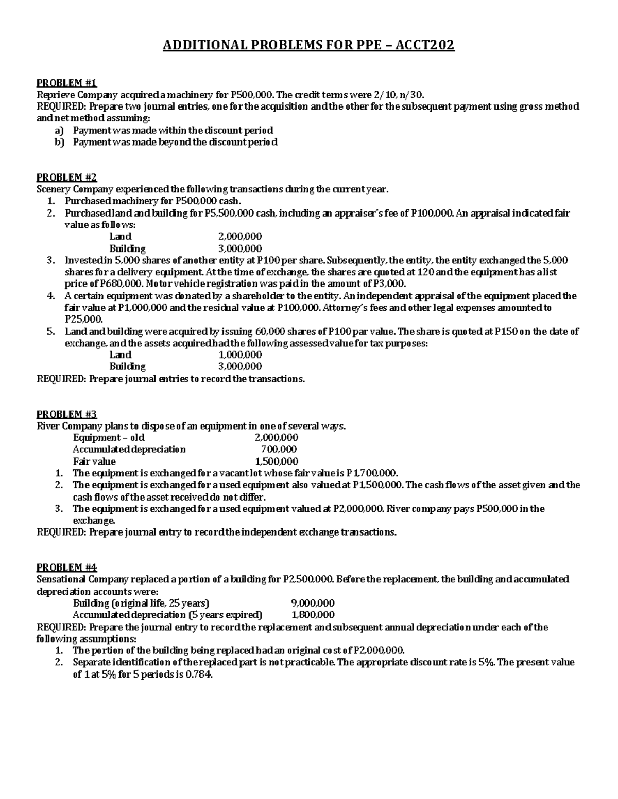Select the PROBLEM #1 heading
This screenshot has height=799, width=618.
(x=66, y=83)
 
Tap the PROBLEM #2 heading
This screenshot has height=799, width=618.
(x=66, y=177)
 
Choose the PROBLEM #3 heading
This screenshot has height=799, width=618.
(x=66, y=414)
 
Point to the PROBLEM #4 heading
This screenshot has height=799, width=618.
(x=66, y=567)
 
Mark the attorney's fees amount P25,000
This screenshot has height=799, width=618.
(x=80, y=319)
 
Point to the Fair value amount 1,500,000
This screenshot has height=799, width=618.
(x=277, y=461)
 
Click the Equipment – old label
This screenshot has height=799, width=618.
(x=109, y=438)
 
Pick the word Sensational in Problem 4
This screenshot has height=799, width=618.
(x=60, y=579)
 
